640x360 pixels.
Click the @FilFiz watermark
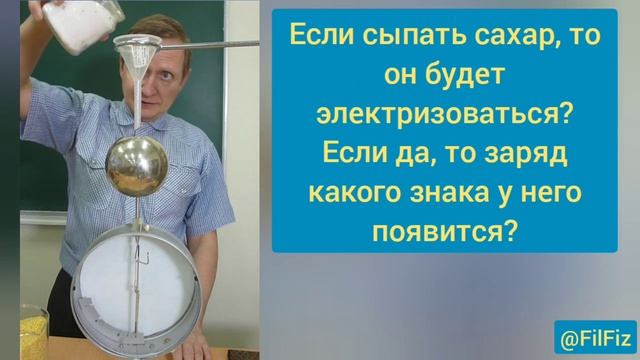click(x=593, y=335)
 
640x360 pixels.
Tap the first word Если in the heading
click(x=321, y=39)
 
